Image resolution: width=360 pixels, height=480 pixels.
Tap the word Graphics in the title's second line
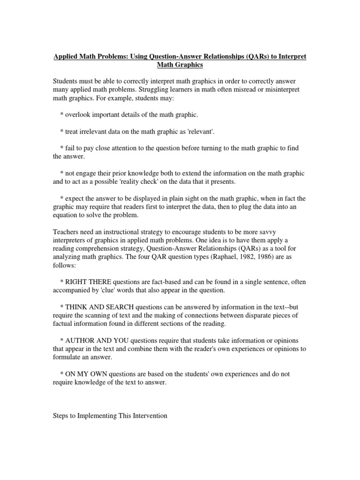pos(189,65)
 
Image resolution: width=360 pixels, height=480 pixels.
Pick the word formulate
pos(69,357)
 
